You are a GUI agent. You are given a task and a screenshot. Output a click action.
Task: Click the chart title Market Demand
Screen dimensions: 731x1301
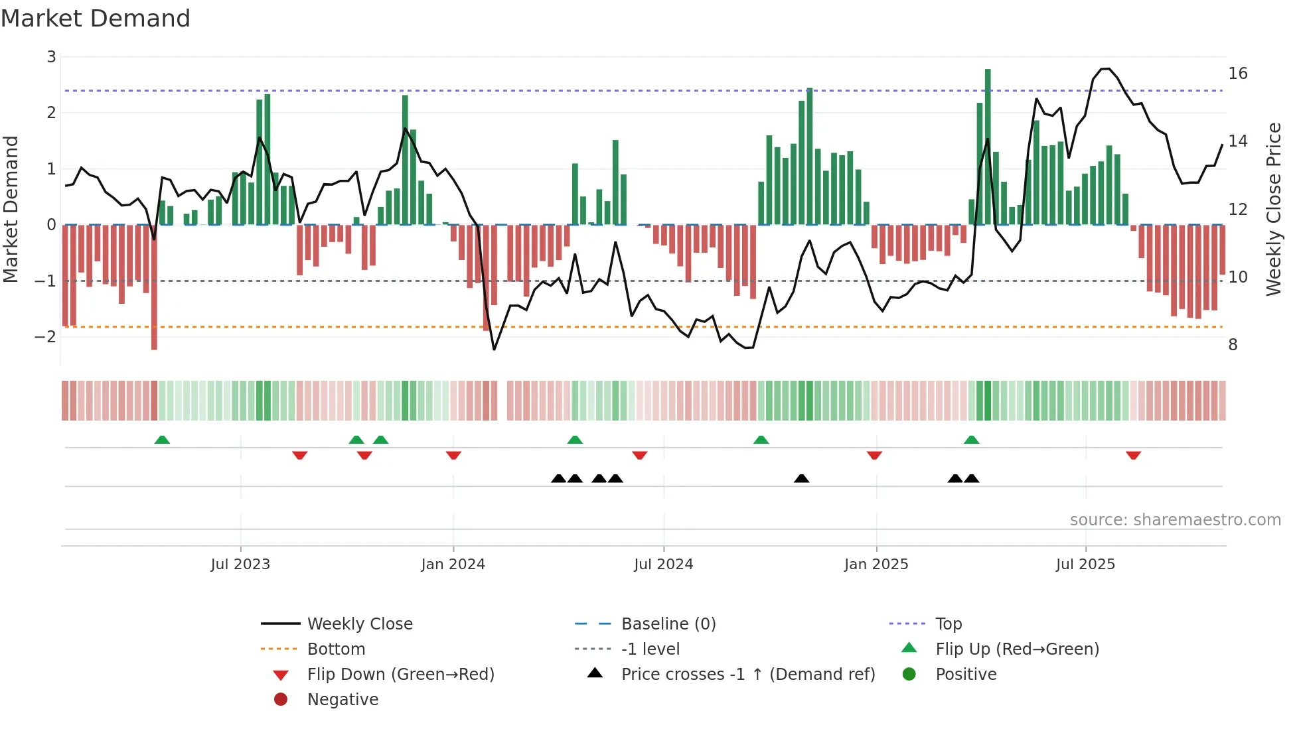(x=96, y=19)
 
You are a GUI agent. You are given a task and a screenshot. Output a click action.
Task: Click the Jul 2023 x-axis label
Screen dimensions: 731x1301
(x=240, y=565)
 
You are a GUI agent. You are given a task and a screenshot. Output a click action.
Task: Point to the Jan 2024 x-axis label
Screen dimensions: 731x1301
(x=453, y=565)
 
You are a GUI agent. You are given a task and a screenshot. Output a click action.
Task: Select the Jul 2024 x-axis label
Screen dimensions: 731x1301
(x=663, y=565)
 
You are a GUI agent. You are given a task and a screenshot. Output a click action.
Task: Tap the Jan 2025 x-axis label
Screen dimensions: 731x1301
(x=876, y=565)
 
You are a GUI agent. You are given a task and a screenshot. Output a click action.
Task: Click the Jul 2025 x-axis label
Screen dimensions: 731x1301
(x=1085, y=565)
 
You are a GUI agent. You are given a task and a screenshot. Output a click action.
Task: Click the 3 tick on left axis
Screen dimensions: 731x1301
(x=51, y=57)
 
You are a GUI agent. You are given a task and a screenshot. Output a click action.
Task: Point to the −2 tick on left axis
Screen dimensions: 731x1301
(x=46, y=337)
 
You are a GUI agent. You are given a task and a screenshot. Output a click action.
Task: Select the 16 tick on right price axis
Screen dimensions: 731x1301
(x=1237, y=74)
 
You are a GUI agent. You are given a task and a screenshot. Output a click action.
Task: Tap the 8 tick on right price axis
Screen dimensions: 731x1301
(x=1233, y=345)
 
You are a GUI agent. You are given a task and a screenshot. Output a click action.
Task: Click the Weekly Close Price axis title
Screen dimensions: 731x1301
(x=1273, y=209)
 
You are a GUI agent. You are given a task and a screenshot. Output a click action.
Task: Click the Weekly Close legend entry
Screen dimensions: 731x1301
(x=359, y=624)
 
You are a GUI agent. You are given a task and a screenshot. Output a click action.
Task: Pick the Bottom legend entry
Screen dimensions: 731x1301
(x=336, y=649)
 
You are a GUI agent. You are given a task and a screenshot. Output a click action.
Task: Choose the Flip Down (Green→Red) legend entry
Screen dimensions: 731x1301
(x=400, y=675)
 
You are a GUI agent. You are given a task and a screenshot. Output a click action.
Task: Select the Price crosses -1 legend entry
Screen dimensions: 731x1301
(x=747, y=675)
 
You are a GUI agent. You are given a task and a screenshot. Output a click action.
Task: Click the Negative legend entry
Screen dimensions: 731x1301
(x=343, y=700)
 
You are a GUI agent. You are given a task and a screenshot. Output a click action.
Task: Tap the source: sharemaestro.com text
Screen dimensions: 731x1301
(x=1175, y=520)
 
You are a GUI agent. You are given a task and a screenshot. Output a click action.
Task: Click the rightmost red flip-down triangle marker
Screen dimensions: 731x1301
(x=1133, y=455)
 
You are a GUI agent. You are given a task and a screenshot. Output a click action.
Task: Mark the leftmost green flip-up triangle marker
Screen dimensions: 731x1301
(x=162, y=440)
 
